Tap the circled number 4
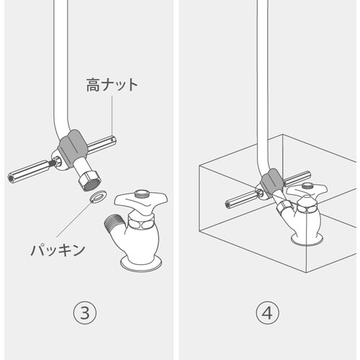(x=266, y=313)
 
